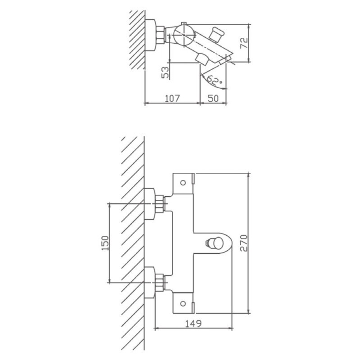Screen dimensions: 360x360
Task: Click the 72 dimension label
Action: tap(244, 43)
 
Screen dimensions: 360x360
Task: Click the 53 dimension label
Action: tap(166, 72)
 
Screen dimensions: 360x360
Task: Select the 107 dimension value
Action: tap(172, 98)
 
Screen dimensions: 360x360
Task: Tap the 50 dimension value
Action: tap(213, 98)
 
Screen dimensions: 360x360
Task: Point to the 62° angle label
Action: tap(214, 81)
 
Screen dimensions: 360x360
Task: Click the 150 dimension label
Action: tap(105, 243)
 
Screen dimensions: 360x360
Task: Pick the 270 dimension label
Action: tap(244, 243)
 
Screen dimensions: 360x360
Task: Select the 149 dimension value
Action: tap(193, 324)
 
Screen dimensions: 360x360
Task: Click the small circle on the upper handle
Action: tap(183, 183)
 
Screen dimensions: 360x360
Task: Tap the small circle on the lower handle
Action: tap(183, 304)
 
